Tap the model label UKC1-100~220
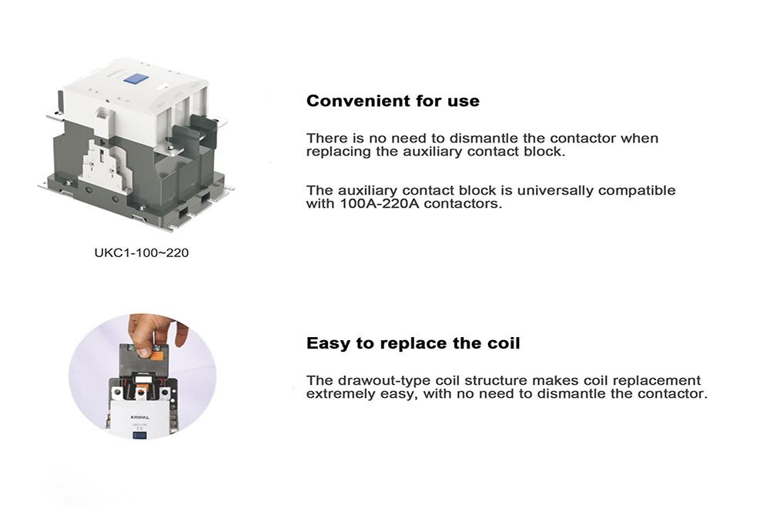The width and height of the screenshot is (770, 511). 141,252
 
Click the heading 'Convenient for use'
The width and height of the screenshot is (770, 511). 393,101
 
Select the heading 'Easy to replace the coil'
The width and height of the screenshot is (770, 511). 413,343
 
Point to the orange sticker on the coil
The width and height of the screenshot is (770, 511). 157,352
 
